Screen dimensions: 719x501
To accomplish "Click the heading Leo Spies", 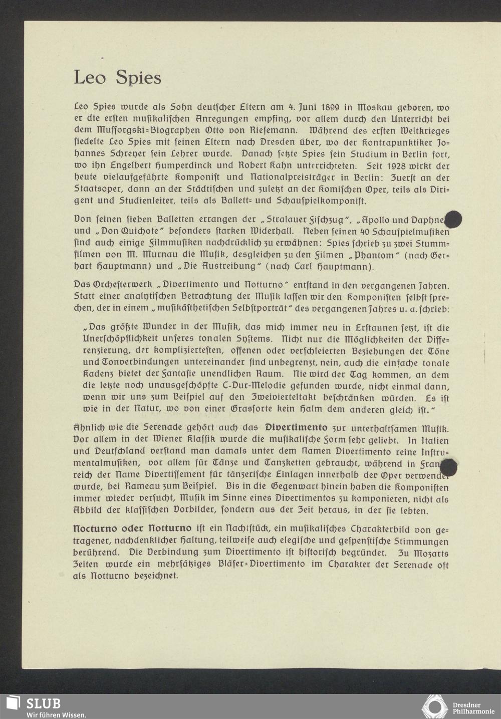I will [117, 78].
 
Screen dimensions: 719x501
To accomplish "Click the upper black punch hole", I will [453, 220].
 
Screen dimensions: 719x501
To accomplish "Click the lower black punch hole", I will [448, 468].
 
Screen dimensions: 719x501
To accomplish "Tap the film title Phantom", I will [368, 255].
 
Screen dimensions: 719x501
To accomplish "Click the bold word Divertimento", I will [296, 428].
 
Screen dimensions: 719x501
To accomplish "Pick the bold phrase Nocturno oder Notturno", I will [132, 529].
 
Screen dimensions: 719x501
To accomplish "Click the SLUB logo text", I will [43, 703].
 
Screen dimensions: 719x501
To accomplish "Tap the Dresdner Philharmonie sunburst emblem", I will [435, 706].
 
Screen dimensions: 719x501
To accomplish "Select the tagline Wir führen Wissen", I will [56, 714].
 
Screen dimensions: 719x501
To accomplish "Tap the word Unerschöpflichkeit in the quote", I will [131, 339].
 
